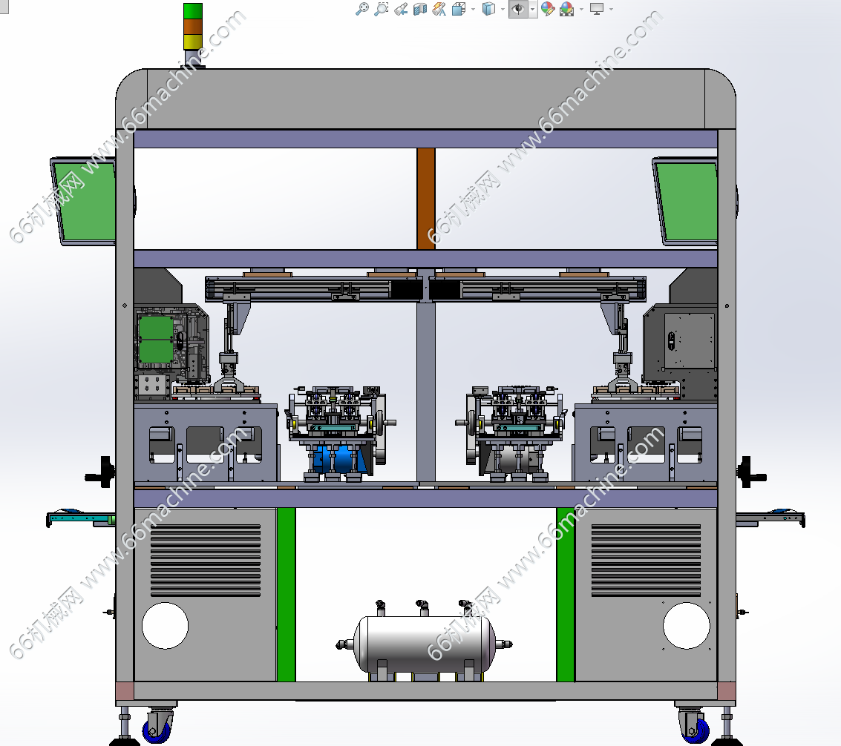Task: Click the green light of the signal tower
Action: (192, 11)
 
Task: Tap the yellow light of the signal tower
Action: (192, 42)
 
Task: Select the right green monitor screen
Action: (687, 202)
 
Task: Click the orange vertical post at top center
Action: (426, 198)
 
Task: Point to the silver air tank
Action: (425, 644)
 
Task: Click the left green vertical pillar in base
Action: (287, 594)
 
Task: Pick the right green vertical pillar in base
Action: (566, 594)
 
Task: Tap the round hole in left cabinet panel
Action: (166, 625)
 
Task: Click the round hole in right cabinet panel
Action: (687, 625)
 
